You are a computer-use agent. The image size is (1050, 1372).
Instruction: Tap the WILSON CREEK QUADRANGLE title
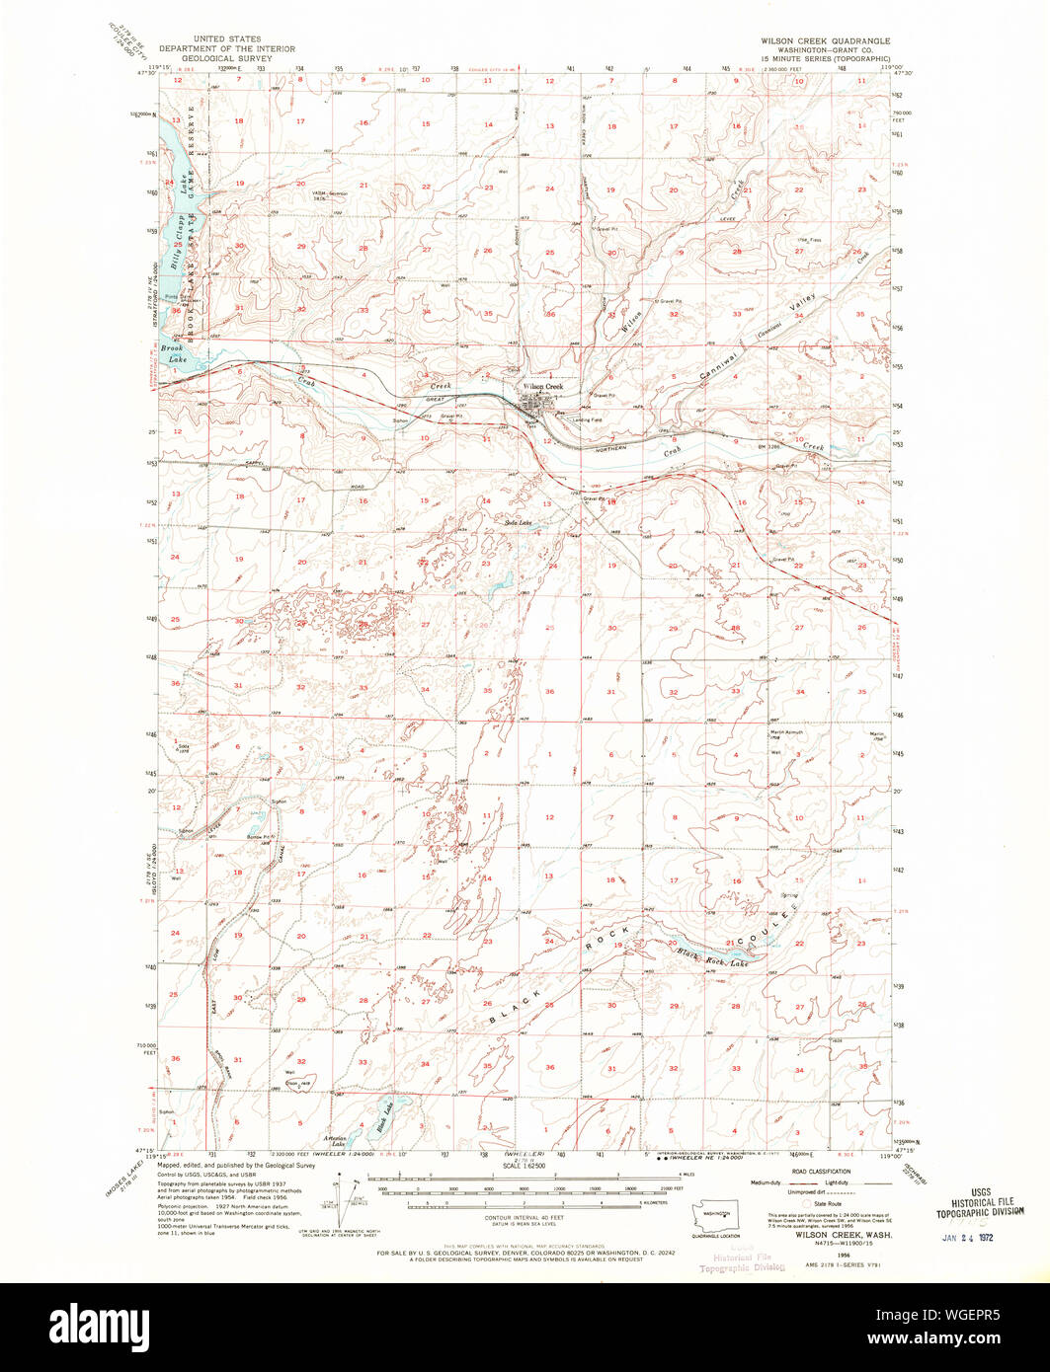click(x=825, y=41)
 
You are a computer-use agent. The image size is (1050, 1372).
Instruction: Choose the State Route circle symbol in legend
click(x=805, y=1203)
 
